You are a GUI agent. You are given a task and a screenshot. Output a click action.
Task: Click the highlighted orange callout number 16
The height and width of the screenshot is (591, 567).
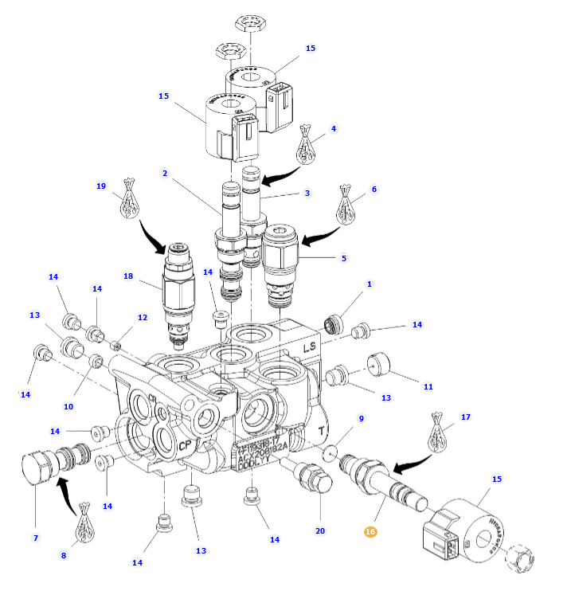coord(370,532)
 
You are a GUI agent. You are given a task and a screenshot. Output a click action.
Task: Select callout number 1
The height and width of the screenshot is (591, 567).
coord(370,284)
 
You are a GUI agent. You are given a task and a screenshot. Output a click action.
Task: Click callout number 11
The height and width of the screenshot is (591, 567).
coord(428,387)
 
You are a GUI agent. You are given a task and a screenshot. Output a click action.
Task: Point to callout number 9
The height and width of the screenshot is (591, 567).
coord(361,419)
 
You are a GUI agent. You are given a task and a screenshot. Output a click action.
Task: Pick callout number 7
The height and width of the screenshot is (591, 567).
coord(35,538)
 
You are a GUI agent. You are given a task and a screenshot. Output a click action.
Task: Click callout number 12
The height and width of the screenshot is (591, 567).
coord(143,318)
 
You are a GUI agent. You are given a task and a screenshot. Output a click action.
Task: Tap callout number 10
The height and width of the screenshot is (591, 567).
coord(68,406)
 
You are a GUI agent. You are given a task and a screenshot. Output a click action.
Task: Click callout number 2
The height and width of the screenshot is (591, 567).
coord(164,174)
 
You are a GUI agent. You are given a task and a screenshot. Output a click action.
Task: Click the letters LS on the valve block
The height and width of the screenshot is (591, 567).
coord(310,347)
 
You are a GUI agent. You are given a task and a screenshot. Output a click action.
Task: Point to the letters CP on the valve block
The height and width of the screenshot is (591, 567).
coord(184,445)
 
